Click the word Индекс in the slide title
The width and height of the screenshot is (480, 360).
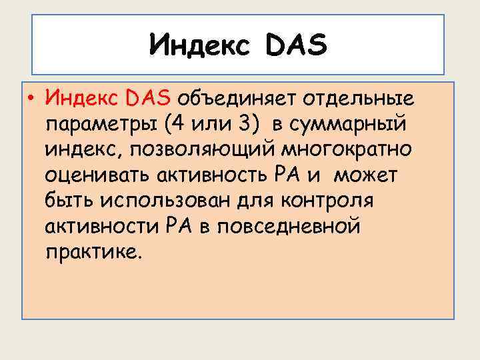(x=199, y=46)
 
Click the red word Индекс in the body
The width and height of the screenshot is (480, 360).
(x=79, y=99)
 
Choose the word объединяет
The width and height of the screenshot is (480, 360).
(x=235, y=99)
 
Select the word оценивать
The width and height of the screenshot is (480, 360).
(x=97, y=177)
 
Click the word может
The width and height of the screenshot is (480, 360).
(x=365, y=176)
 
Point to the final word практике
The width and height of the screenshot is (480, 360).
(x=93, y=253)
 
